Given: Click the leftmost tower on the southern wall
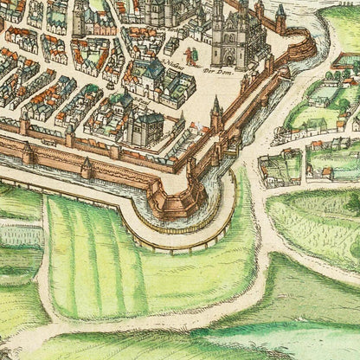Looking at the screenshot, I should coord(26,152).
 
